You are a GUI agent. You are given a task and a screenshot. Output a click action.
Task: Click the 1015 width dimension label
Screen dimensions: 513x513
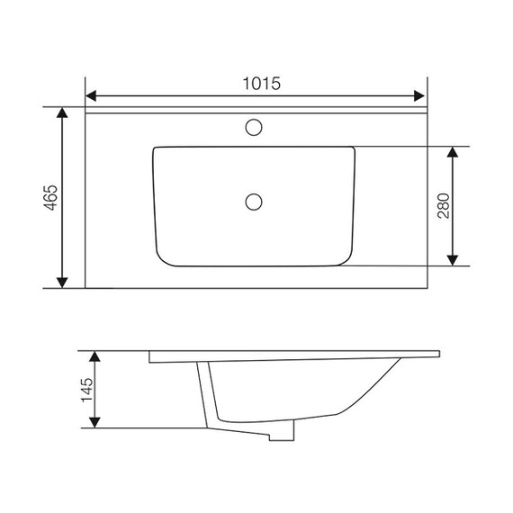[261, 84]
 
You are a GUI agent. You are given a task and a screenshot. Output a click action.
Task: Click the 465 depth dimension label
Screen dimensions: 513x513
[51, 198]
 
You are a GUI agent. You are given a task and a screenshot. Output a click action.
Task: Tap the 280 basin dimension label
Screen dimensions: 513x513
[444, 206]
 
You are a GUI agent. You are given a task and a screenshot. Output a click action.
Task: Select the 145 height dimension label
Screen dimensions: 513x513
[87, 390]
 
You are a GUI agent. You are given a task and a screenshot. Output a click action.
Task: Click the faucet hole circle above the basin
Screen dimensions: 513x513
[254, 127]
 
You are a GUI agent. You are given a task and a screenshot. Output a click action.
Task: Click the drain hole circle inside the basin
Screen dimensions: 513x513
[254, 202]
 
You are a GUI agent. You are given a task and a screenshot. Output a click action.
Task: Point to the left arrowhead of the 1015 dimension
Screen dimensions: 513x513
[91, 96]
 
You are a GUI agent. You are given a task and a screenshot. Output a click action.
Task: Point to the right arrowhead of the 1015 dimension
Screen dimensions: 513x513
[419, 96]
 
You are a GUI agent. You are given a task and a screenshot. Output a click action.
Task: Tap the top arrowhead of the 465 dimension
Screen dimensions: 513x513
[62, 112]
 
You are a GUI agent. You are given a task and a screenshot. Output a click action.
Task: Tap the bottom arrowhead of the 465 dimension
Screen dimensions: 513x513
[62, 283]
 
